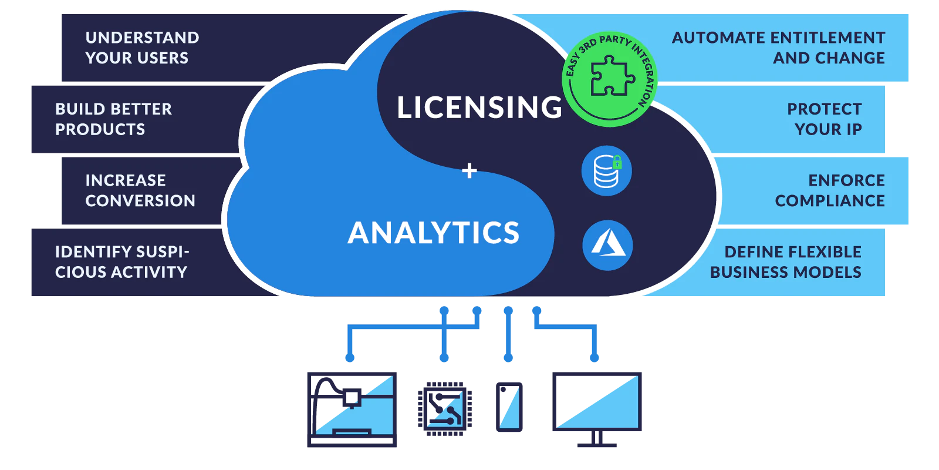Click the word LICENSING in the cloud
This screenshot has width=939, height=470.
point(479,108)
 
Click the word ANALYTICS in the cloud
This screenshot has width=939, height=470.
point(434,233)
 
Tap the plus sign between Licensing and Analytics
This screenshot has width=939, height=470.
point(469,171)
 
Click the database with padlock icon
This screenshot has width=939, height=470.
point(607,171)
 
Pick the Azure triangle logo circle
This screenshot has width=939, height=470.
point(607,246)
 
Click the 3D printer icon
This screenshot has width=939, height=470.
point(352,409)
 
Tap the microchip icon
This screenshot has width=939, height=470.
point(445,409)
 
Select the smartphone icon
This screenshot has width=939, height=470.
point(509,407)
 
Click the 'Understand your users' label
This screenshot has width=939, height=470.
point(142,48)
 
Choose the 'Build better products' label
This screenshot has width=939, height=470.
point(114,119)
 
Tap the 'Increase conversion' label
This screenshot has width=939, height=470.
point(140,190)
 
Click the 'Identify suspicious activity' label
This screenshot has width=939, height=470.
point(123,262)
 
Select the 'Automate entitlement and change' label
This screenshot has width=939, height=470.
point(778,48)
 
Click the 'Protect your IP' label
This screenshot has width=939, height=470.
point(824,119)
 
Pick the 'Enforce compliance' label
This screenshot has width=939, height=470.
point(830,190)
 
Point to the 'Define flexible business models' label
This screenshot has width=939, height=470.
point(786,262)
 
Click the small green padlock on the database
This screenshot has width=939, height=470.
point(617,162)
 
